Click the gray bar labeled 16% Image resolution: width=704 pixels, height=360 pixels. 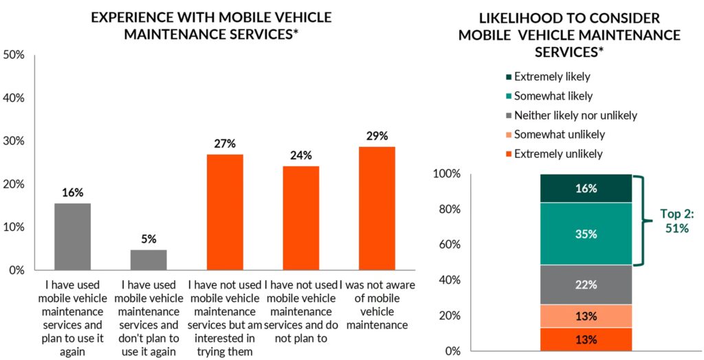click(72, 236)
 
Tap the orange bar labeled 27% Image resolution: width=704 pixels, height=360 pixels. click(225, 212)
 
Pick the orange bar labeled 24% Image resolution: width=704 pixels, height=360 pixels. click(301, 218)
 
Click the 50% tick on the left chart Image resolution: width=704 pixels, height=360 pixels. click(15, 54)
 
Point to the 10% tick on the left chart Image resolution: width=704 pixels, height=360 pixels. click(15, 227)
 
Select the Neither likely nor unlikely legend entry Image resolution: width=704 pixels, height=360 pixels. click(571, 115)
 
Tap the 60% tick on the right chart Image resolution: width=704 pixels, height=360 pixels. click(449, 245)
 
